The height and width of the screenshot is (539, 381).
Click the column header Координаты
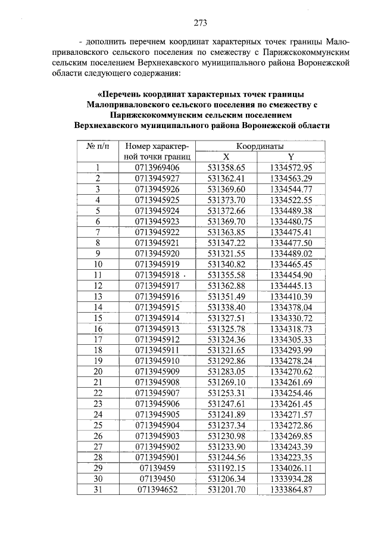click(260, 146)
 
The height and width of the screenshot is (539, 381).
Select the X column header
click(226, 157)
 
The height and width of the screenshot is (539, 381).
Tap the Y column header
click(291, 157)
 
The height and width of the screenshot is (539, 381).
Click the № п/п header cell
click(98, 146)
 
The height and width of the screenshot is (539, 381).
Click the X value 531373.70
click(227, 200)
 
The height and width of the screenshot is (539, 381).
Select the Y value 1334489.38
click(291, 210)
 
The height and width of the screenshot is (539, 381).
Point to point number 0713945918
click(157, 275)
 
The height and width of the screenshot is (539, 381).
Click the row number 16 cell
click(98, 328)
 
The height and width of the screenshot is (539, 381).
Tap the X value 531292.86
click(227, 360)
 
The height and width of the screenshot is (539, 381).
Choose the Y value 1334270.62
click(291, 371)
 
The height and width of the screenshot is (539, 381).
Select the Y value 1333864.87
click(291, 490)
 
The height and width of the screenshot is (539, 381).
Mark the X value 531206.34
click(227, 479)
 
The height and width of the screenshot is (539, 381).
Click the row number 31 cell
click(98, 490)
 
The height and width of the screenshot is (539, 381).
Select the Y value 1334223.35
click(291, 457)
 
